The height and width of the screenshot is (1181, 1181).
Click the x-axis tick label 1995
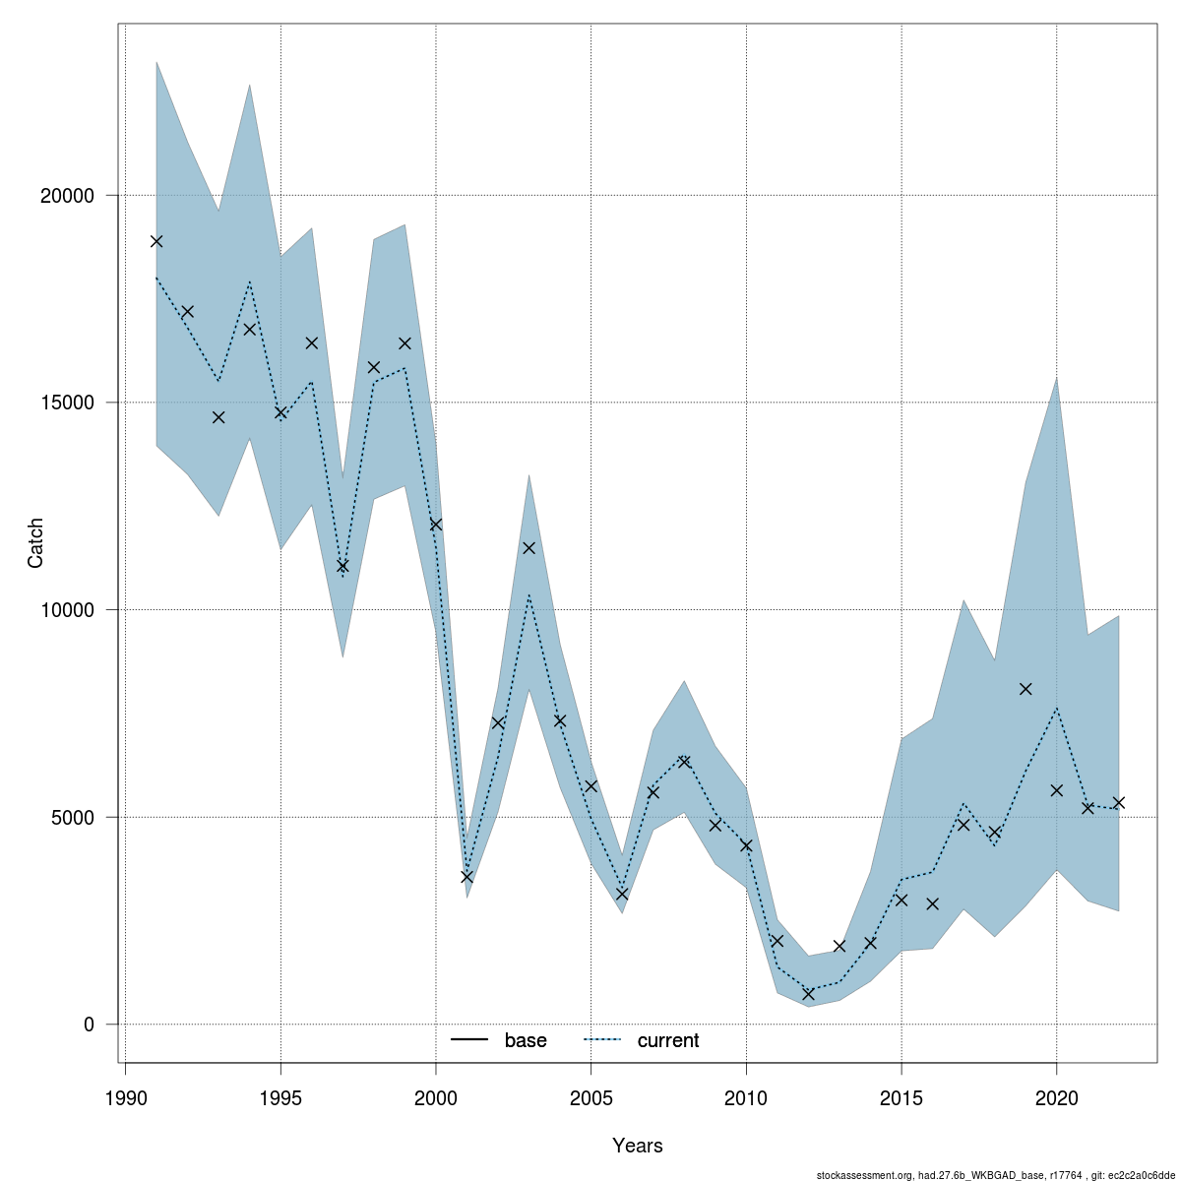[x=280, y=1098]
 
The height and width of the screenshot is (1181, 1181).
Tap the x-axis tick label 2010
[x=746, y=1098]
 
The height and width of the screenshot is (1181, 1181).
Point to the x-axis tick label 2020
[x=1056, y=1098]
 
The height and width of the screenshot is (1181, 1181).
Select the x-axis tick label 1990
[x=125, y=1098]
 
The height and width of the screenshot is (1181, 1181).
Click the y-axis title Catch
[x=36, y=543]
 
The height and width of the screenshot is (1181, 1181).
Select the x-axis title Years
[x=637, y=1146]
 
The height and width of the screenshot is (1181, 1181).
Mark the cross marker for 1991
[x=156, y=241]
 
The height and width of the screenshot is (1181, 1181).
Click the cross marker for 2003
[x=528, y=548]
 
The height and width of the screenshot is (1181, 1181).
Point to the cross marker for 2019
[x=1026, y=689]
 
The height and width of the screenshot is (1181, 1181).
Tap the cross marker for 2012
[x=808, y=994]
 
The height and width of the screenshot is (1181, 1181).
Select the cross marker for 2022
[x=1119, y=803]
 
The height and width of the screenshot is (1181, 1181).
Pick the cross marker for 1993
[x=218, y=417]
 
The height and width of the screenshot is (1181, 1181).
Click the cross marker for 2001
[x=466, y=876]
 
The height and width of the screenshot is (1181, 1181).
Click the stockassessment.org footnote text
[x=996, y=1174]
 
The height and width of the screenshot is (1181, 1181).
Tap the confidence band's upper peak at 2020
[x=1056, y=378]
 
